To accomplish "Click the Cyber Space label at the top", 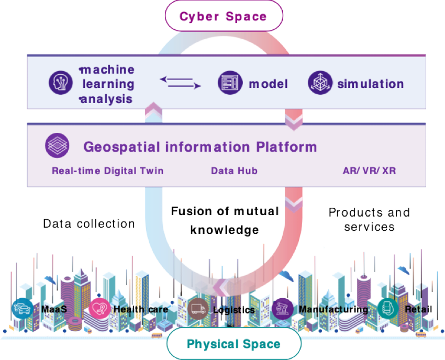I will coord(223,16).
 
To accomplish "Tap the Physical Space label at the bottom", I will coord(233,344).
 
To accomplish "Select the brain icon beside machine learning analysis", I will coord(59,83).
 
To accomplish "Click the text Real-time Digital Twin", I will coord(107,171).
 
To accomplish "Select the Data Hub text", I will coord(234,171).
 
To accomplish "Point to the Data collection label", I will coord(88,224).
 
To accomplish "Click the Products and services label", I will coord(361,220).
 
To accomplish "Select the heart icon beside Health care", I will coord(99,309).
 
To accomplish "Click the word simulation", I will coord(370,84).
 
